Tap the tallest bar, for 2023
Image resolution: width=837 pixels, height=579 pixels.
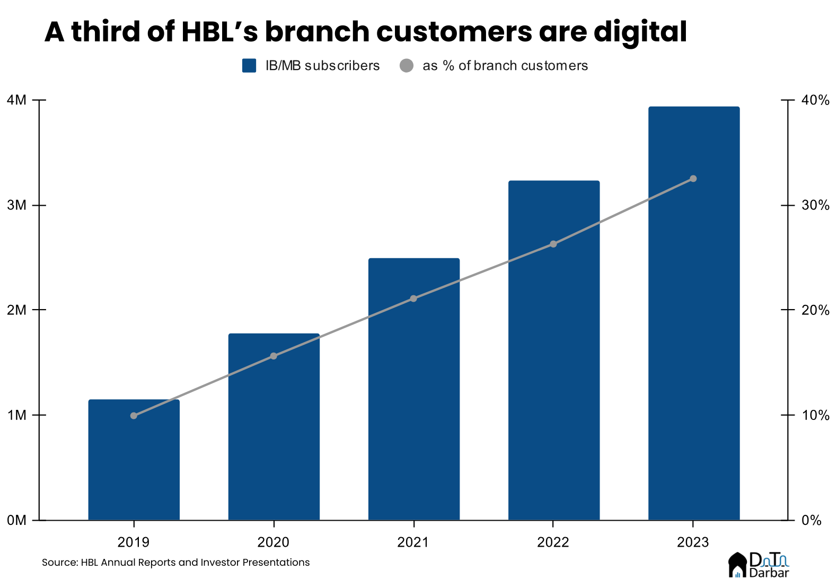[x=693, y=318]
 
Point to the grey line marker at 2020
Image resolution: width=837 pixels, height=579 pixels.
[x=274, y=356]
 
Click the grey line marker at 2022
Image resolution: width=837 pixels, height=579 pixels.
[x=553, y=244]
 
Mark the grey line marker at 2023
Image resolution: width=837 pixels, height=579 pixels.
[x=693, y=179]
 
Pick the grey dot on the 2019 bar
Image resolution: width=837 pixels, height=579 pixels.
[x=134, y=416]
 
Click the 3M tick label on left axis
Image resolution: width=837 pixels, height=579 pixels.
[x=17, y=205]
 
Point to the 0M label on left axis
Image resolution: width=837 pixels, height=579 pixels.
[x=17, y=521]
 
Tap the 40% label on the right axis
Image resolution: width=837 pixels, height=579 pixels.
[x=815, y=100]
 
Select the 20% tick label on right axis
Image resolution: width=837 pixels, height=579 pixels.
[x=815, y=310]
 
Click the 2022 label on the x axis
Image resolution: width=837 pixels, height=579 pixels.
[x=553, y=542]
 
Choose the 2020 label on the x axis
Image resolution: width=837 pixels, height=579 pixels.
[x=274, y=542]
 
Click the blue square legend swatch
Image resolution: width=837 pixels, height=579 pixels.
[x=249, y=66]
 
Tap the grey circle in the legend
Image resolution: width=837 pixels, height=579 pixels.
[x=407, y=66]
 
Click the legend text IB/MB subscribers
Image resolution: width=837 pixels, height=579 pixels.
[x=322, y=66]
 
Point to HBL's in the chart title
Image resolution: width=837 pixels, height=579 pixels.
[x=219, y=32]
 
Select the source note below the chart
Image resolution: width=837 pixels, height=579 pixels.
[x=175, y=563]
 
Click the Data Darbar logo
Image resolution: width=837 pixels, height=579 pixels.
[x=759, y=565]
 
